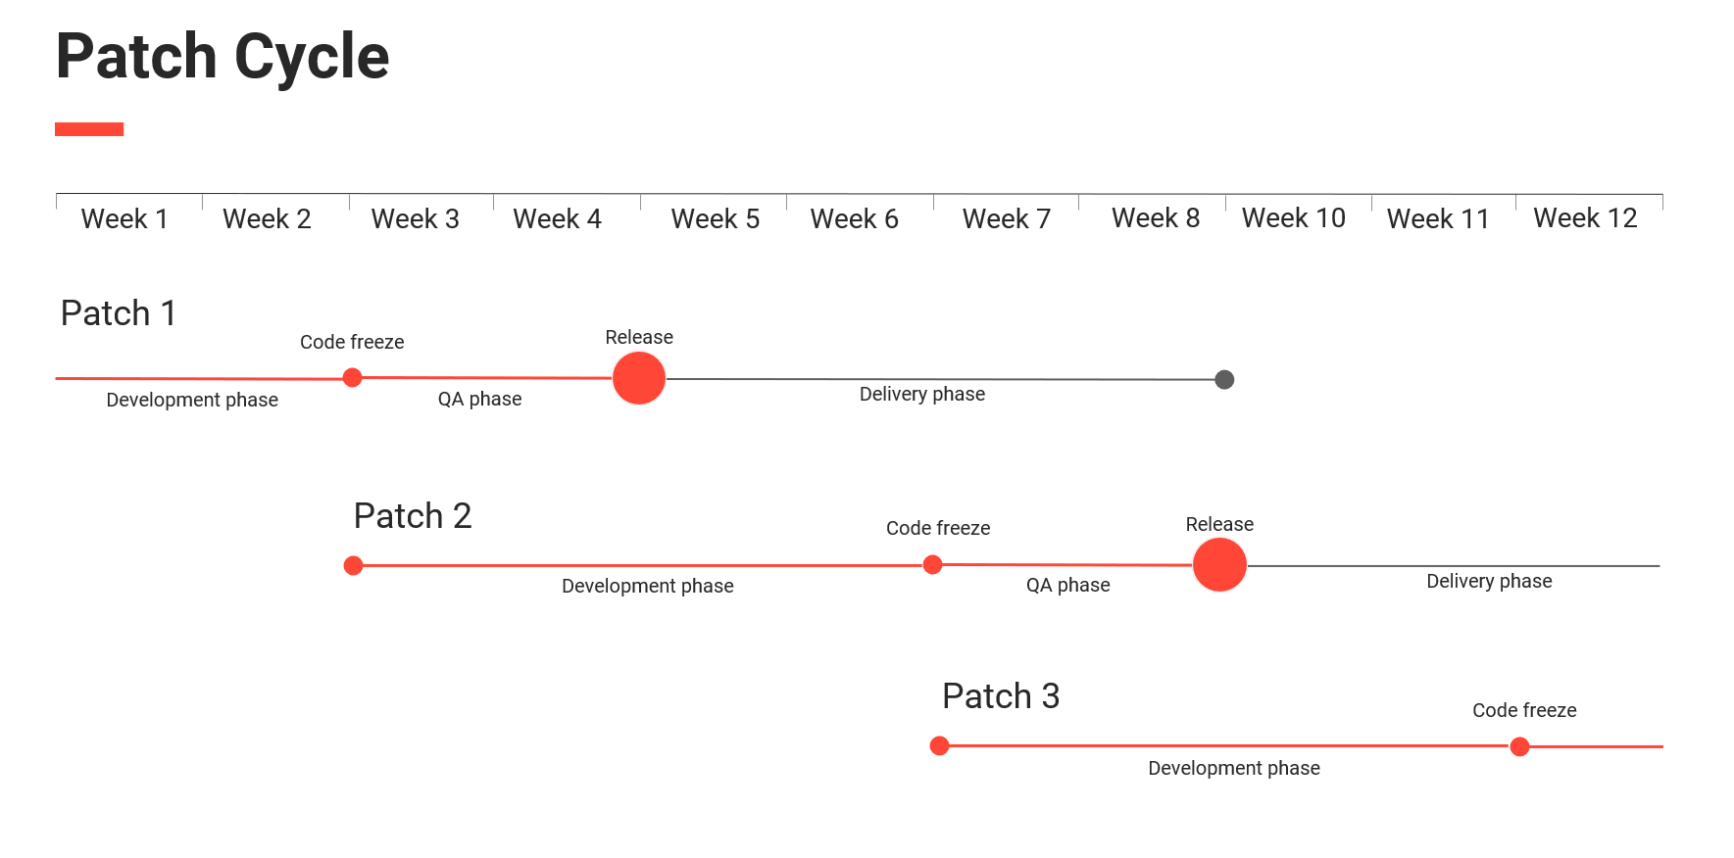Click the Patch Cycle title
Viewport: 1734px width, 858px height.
tap(223, 56)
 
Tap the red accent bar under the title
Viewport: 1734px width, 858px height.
tap(89, 129)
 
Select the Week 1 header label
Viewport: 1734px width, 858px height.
tap(124, 218)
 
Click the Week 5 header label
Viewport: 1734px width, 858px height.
tap(715, 218)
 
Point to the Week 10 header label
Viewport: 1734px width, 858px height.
tap(1293, 217)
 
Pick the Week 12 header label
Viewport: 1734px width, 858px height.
tap(1585, 217)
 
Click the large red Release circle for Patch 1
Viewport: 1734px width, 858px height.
tap(639, 378)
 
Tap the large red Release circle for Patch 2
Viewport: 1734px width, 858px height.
tap(1219, 565)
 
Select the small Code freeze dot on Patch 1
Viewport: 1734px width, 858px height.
tap(353, 377)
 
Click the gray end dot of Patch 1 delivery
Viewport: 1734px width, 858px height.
tap(1224, 380)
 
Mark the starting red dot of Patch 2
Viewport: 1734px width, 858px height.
tap(354, 565)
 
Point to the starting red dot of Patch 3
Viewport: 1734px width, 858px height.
tap(939, 746)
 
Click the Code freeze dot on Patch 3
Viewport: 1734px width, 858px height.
tap(1519, 747)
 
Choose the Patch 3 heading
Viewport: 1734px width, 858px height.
tap(1000, 696)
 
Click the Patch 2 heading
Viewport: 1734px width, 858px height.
tap(413, 516)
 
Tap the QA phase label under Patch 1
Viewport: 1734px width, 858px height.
tap(479, 399)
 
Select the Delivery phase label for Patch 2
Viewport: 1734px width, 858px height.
tap(1489, 581)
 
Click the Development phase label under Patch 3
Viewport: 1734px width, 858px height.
tap(1233, 768)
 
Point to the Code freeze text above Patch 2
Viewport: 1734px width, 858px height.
tap(937, 528)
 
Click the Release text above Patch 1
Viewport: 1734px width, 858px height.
tap(639, 337)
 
